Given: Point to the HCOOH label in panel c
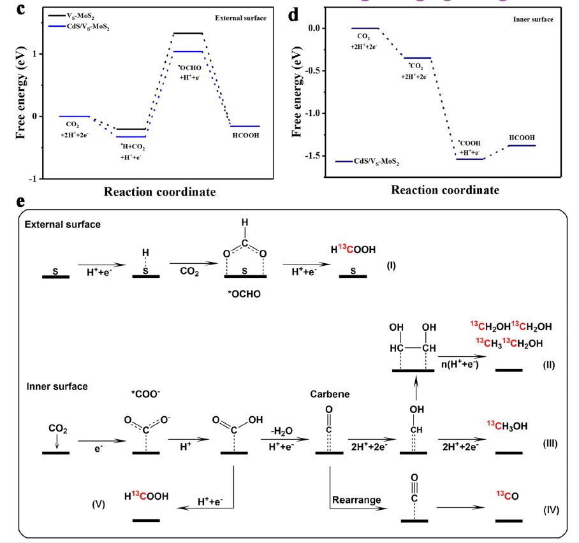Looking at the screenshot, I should click(246, 135).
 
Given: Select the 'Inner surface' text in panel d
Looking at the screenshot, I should click(532, 20).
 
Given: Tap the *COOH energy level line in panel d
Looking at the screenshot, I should click(471, 158).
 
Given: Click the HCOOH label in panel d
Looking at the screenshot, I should click(522, 138).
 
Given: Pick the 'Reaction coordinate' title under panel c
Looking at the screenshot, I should click(160, 191).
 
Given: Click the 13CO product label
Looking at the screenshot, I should click(508, 495).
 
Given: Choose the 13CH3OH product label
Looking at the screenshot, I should click(510, 426).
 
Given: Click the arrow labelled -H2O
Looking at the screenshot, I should click(281, 439).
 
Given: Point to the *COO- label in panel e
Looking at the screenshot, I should click(146, 394).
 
